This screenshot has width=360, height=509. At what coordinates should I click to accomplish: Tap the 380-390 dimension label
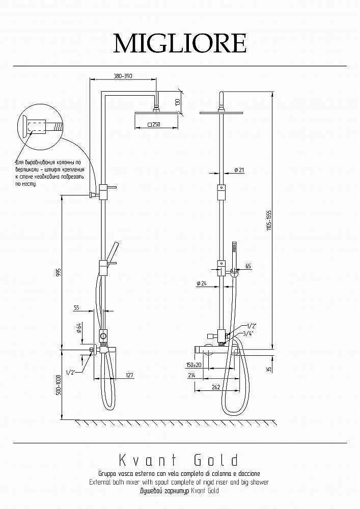[x=123, y=76]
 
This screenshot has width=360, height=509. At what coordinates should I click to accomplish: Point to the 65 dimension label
[x=248, y=266]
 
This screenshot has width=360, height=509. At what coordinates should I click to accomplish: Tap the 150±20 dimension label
[x=193, y=365]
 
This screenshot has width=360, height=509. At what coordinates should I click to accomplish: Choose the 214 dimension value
[x=192, y=375]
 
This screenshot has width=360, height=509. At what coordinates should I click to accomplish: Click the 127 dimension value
[x=129, y=376]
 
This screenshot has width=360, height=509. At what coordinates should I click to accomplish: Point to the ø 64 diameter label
[x=79, y=328]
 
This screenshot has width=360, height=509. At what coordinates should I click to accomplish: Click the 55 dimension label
[x=76, y=307]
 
